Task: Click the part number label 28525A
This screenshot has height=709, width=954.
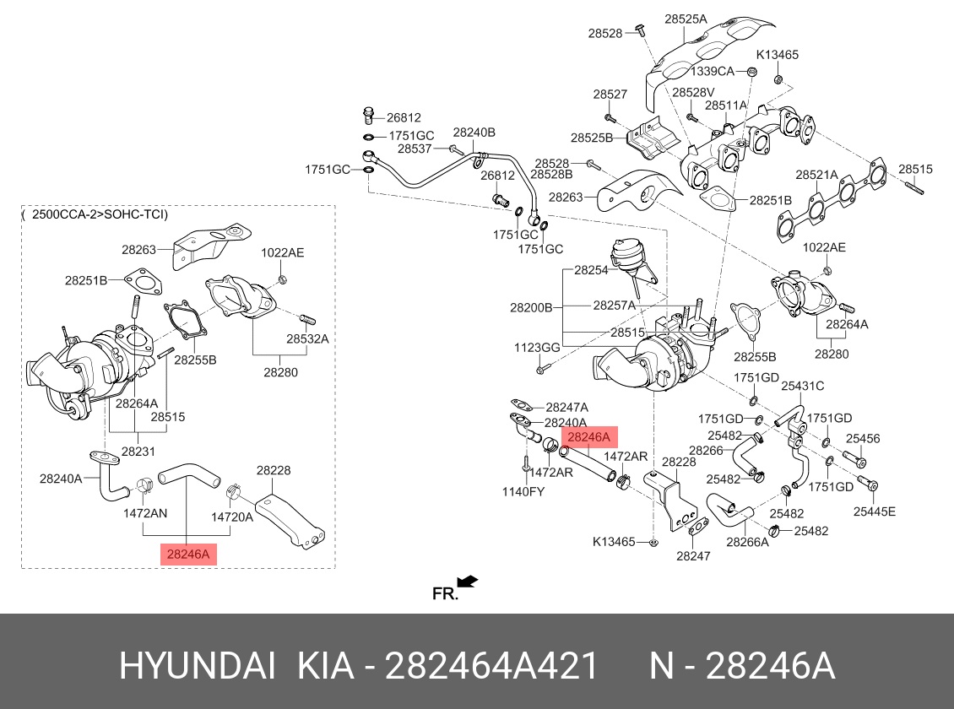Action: click(686, 19)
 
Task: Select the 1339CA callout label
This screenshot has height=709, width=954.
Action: click(712, 71)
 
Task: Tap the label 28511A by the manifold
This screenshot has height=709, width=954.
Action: click(726, 106)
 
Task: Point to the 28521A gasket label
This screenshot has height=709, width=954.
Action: click(816, 175)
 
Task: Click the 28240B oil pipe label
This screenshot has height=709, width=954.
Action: click(474, 133)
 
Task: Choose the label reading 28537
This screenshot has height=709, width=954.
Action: click(415, 149)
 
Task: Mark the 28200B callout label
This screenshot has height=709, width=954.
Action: click(531, 308)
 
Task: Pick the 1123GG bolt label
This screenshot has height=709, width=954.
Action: click(537, 347)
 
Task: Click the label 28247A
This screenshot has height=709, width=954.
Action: click(567, 408)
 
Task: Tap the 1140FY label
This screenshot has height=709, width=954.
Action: click(523, 491)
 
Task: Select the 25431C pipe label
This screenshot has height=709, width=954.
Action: click(803, 386)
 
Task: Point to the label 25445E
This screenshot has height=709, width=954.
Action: click(875, 511)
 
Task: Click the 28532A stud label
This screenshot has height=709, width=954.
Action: click(307, 338)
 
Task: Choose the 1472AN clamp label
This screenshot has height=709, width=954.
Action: click(145, 512)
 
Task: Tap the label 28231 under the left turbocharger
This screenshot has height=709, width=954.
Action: click(138, 452)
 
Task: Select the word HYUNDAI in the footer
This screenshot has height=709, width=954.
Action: click(197, 666)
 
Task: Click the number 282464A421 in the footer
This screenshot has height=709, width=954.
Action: click(491, 666)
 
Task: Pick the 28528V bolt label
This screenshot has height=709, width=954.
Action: click(693, 93)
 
